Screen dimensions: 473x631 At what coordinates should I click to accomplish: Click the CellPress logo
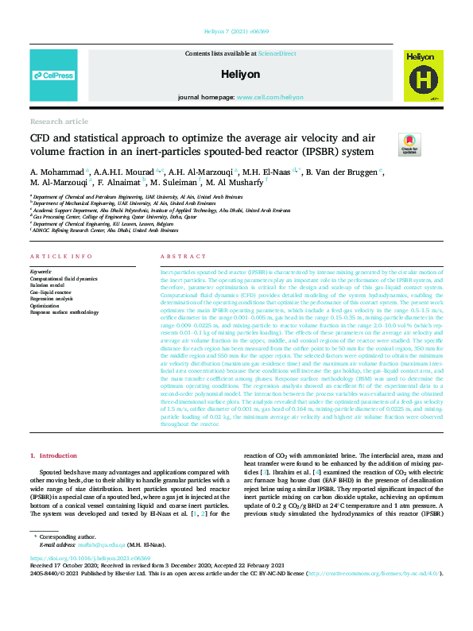click(53, 75)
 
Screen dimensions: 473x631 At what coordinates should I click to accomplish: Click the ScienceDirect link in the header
click(277, 52)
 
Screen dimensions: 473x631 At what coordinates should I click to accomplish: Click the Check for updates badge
click(409, 144)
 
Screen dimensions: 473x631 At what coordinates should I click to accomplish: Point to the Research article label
click(59, 122)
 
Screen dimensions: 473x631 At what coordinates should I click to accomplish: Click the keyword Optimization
click(45, 305)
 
